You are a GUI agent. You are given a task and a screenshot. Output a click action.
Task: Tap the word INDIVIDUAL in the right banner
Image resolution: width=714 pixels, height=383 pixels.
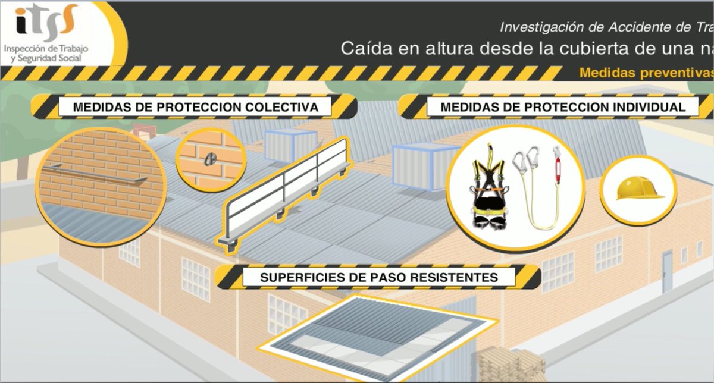[653, 108]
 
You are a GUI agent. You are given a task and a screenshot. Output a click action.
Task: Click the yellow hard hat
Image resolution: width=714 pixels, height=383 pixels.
[638, 190]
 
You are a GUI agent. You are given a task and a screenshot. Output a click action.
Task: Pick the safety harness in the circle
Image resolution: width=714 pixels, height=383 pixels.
[489, 189]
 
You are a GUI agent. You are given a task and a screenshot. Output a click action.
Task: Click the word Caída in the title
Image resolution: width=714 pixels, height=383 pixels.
[360, 49]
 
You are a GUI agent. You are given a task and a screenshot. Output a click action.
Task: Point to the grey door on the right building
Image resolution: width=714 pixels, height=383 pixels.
[667, 271]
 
